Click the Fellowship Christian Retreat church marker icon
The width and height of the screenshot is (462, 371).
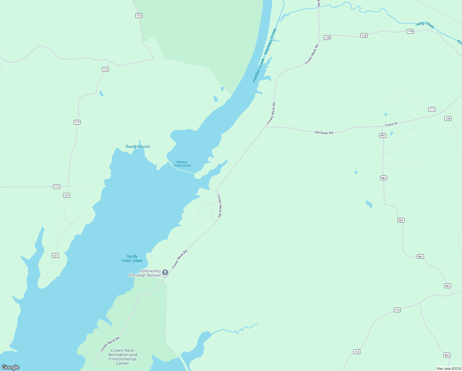pos(165,272)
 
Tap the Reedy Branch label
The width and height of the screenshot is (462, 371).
pos(138,147)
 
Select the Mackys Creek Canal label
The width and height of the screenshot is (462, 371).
pos(182,164)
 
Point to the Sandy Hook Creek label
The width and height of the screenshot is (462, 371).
pos(132,258)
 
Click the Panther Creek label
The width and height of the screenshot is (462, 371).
pos(258,70)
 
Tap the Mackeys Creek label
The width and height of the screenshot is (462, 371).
pos(270,41)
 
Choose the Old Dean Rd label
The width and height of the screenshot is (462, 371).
pos(324,133)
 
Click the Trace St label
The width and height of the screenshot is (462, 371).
pos(391,124)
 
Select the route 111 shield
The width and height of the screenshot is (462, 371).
pos(432,109)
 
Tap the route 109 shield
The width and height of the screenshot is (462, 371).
pos(448,119)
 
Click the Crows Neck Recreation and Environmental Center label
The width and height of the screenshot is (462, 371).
pos(122,357)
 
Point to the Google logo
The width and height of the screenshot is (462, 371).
pos(10,367)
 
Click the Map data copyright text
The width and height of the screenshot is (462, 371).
pos(449,369)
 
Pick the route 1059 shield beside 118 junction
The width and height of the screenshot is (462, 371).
pos(327,38)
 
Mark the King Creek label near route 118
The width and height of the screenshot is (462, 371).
pos(425,25)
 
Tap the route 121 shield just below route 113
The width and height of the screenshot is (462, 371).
pos(66,195)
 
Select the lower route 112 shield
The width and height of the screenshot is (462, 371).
pos(357,352)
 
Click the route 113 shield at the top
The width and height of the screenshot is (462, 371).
pos(139,15)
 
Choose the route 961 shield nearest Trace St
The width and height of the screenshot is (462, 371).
pos(383,135)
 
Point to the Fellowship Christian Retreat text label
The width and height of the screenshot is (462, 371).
pos(145,273)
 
